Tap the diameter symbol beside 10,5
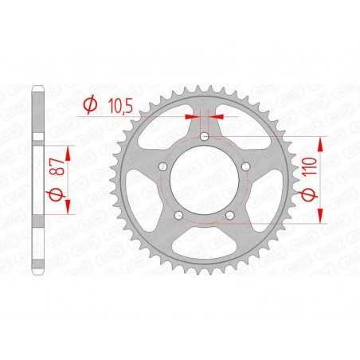click(x=91, y=104)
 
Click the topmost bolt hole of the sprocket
click(x=206, y=137)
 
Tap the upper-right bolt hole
click(x=248, y=166)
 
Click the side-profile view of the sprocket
click(x=36, y=179)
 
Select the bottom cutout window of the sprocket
click(x=205, y=251)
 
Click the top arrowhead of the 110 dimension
click(x=323, y=142)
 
